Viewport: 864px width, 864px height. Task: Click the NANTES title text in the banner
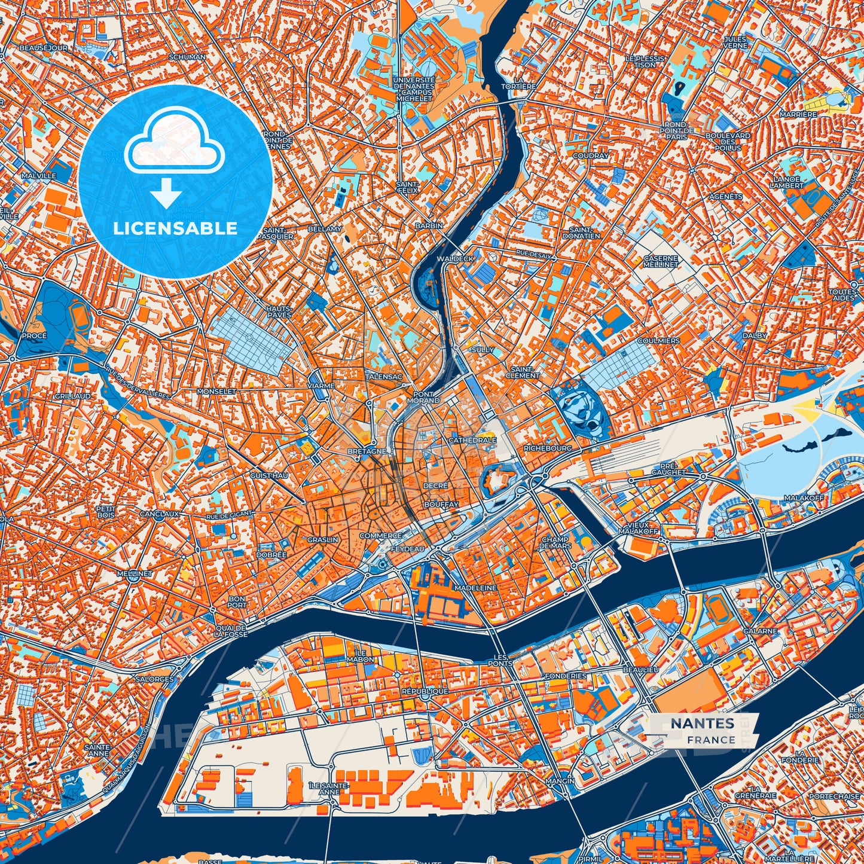[x=702, y=723]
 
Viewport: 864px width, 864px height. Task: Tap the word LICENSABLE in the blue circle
[x=175, y=228]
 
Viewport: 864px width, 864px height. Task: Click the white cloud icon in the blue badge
[x=174, y=143]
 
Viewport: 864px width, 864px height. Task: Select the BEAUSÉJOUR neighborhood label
[x=43, y=47]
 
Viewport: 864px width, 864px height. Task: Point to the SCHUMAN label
[x=187, y=57]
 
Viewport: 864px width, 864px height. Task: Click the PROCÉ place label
[x=34, y=335]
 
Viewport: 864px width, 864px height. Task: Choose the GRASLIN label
[x=323, y=539]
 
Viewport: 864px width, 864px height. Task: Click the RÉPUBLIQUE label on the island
[x=425, y=691]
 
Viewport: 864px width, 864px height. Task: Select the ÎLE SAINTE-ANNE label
[x=324, y=788]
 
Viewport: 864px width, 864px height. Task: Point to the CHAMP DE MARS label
[x=555, y=542]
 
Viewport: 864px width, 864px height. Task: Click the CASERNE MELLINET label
[x=661, y=261]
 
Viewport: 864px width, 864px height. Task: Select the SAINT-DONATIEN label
[x=581, y=232]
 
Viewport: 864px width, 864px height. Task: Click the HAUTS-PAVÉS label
[x=279, y=311]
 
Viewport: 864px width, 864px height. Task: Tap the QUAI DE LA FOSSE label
[x=231, y=631]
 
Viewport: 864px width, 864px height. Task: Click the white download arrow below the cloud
[x=166, y=193]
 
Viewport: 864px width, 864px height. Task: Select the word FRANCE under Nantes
[x=711, y=740]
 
